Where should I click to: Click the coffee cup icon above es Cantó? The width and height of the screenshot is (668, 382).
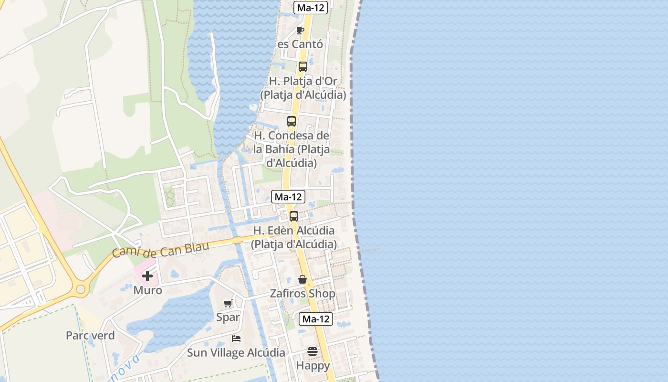point(300,31)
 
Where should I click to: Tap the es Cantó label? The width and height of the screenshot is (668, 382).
point(300,44)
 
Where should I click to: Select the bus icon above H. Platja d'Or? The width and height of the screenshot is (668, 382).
point(303,67)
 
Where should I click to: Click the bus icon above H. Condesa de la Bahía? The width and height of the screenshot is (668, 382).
point(292,121)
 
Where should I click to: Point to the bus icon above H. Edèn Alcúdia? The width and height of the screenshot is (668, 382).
point(294,216)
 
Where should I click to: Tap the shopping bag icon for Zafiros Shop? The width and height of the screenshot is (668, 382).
point(303,279)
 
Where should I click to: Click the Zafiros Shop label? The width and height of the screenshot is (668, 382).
point(303,293)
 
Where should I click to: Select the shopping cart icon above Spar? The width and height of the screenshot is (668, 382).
point(228,303)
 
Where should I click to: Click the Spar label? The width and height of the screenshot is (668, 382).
point(228,317)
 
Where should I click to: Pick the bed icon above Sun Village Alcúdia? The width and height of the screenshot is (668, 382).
point(236,339)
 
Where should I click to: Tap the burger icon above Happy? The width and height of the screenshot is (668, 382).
point(313,351)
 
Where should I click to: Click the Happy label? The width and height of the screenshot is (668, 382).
point(313,366)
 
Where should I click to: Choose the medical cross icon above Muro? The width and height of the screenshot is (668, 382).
point(147,276)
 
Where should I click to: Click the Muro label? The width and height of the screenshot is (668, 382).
point(147,290)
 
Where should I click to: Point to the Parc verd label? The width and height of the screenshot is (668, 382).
point(90,335)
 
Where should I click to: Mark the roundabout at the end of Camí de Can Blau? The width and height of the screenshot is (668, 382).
point(80,289)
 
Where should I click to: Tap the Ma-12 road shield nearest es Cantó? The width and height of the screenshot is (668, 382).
point(311,8)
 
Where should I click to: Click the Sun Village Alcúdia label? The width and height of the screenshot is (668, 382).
point(236,353)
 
